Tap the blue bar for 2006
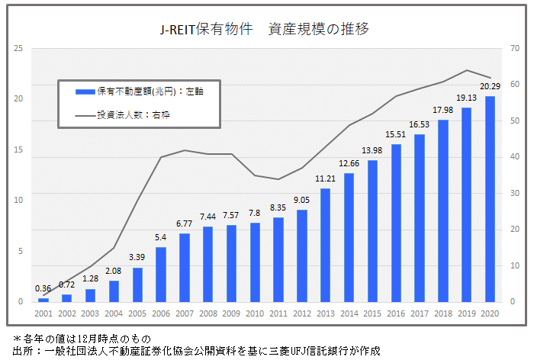click(161, 274)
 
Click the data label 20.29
click(490, 85)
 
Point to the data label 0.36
click(43, 288)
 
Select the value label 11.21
click(326, 178)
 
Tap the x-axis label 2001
click(43, 313)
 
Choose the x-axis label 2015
click(372, 313)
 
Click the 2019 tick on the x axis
click(466, 313)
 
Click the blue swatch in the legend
click(84, 92)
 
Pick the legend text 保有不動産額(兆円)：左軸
click(150, 92)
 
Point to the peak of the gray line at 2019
click(466, 70)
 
